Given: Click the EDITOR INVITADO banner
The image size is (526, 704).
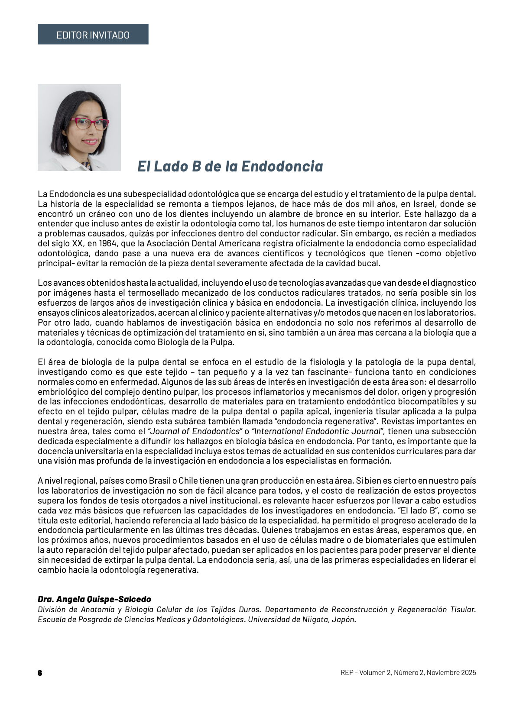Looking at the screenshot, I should (93, 35).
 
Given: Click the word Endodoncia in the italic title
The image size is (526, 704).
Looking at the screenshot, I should (282, 166).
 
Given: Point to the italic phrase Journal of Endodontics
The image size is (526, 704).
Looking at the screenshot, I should (195, 432).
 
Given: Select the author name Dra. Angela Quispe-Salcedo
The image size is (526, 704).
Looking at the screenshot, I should (94, 600).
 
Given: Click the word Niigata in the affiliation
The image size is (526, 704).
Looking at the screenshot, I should (313, 620).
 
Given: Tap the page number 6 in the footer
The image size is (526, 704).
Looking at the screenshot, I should (40, 673).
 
